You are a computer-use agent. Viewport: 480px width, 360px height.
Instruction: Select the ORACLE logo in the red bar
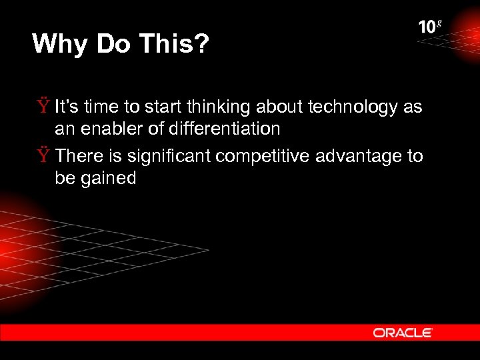click(x=403, y=332)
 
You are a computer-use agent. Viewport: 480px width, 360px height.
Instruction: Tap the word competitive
click(x=271, y=157)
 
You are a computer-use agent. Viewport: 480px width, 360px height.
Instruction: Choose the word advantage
click(x=365, y=157)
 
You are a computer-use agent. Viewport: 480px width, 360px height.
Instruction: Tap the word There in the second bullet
click(x=79, y=156)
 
